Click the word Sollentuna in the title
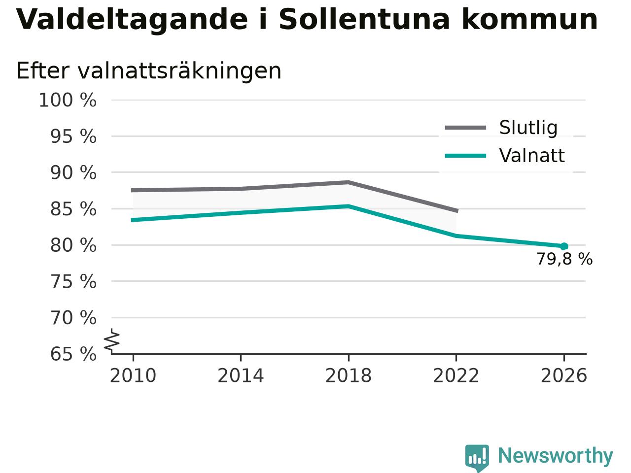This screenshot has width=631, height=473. [364, 19]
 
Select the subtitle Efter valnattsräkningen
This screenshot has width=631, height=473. [149, 71]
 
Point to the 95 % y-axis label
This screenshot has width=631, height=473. [73, 136]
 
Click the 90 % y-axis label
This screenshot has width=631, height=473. [73, 172]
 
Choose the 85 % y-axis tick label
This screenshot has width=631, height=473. [73, 209]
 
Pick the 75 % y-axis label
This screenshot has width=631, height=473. [73, 281]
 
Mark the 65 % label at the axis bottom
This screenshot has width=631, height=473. [73, 354]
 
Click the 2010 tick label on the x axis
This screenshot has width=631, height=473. [133, 375]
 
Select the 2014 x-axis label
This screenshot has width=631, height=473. [241, 375]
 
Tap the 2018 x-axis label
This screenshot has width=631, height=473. [349, 375]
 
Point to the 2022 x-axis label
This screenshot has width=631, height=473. [456, 375]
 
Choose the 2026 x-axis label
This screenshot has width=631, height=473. [564, 375]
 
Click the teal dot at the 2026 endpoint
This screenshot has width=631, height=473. [564, 246]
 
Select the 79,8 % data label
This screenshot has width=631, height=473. [564, 259]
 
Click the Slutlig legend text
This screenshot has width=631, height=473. [528, 128]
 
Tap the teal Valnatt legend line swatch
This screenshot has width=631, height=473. [466, 156]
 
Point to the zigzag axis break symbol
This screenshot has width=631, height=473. [112, 340]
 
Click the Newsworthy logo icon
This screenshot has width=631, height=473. [477, 457]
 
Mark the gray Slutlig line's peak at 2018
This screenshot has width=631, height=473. [349, 182]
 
